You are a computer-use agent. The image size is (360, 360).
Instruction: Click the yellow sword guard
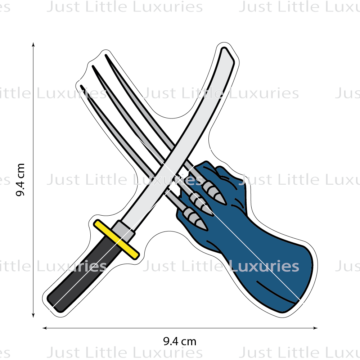point(116,239)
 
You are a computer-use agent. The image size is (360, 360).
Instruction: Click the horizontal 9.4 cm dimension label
point(180,341)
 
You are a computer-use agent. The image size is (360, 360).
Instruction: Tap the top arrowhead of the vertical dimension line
point(33,45)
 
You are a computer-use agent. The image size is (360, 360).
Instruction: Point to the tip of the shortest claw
point(81,86)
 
